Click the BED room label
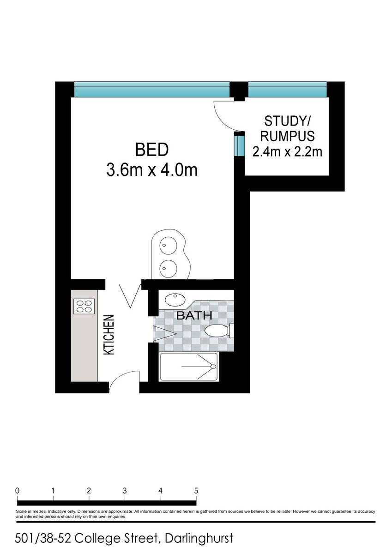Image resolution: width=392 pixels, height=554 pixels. [x=152, y=150]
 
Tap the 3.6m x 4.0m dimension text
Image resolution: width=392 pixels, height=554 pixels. [x=152, y=170]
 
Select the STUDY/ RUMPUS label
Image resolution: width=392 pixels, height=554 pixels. [x=287, y=128]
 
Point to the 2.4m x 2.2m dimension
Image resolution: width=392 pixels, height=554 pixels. [x=287, y=151]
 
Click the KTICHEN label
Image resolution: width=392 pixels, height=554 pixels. [x=109, y=335]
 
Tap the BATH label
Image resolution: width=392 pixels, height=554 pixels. [x=194, y=315]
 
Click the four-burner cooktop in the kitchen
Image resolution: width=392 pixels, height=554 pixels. [x=84, y=307]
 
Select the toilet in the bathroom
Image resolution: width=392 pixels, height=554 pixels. [x=219, y=331]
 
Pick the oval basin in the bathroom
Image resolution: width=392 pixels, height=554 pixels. [x=175, y=299]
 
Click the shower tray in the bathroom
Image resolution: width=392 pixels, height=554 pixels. [x=189, y=367]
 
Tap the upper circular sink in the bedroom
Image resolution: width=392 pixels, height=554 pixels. [x=168, y=245]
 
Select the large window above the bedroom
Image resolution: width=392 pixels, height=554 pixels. [x=152, y=90]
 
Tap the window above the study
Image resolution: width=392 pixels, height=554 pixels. [x=287, y=90]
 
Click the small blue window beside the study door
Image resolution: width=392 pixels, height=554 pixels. [x=239, y=146]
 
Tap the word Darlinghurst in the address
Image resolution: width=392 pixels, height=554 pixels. [x=199, y=538]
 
